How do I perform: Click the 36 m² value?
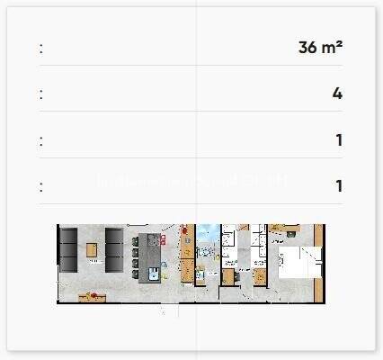click(x=320, y=48)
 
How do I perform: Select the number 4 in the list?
click(x=337, y=94)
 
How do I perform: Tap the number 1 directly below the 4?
click(x=338, y=140)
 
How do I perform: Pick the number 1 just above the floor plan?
click(x=338, y=186)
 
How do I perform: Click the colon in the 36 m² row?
click(x=40, y=48)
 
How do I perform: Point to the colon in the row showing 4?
click(x=40, y=94)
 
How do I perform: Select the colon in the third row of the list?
click(x=40, y=140)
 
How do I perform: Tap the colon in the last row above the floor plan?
click(x=40, y=186)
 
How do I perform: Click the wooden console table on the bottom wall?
click(x=93, y=295)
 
